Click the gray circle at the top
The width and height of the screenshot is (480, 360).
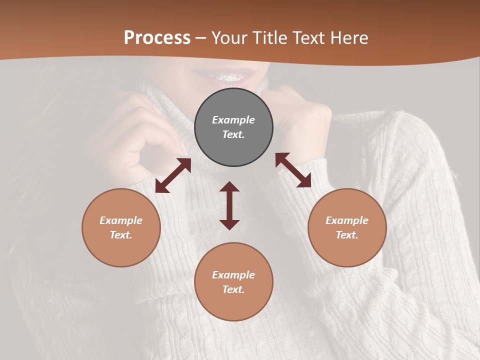233,127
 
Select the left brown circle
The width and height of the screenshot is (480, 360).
121,227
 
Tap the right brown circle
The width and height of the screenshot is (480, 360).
347,227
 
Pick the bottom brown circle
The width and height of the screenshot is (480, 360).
233,282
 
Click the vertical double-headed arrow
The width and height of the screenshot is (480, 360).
229,205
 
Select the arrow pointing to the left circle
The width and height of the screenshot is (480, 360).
173,175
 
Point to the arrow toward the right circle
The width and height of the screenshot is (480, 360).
293,170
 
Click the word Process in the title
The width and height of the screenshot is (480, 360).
157,38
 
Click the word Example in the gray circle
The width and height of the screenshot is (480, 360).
233,120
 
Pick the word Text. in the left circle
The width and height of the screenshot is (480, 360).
121,235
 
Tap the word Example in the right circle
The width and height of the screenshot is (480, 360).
347,220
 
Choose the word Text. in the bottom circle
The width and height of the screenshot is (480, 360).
233,289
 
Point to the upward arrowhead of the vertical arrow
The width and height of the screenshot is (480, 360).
229,187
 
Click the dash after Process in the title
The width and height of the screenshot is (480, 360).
201,38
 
